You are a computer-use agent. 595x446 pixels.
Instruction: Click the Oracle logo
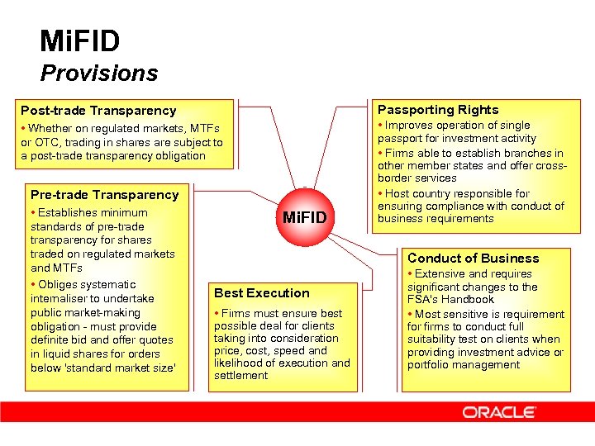tap(498, 411)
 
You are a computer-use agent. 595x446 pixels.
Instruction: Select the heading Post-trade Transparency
tap(98, 111)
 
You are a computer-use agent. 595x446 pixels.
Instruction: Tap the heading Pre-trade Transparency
tap(104, 195)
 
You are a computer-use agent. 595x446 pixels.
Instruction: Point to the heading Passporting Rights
tap(438, 110)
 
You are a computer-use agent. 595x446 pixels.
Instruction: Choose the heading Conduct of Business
tap(473, 259)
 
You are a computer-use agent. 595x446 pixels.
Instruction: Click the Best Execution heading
tap(261, 293)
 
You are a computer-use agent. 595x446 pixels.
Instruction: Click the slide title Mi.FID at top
tap(79, 40)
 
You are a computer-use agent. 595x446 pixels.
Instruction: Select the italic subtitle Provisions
tap(98, 74)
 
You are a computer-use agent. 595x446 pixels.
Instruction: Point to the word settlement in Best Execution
tap(240, 376)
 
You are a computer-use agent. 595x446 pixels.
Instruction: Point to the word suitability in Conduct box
tap(435, 339)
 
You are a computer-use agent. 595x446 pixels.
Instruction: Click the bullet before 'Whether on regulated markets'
tap(23, 129)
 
